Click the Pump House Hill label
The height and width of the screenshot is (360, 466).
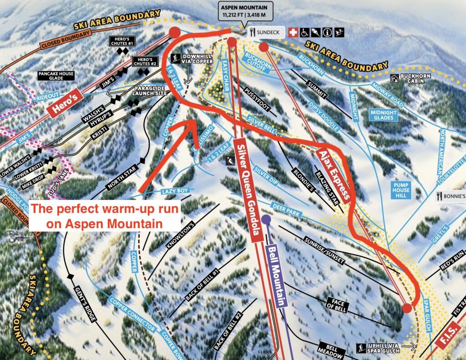point(400,190)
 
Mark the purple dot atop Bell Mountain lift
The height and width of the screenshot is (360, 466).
point(266,220)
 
